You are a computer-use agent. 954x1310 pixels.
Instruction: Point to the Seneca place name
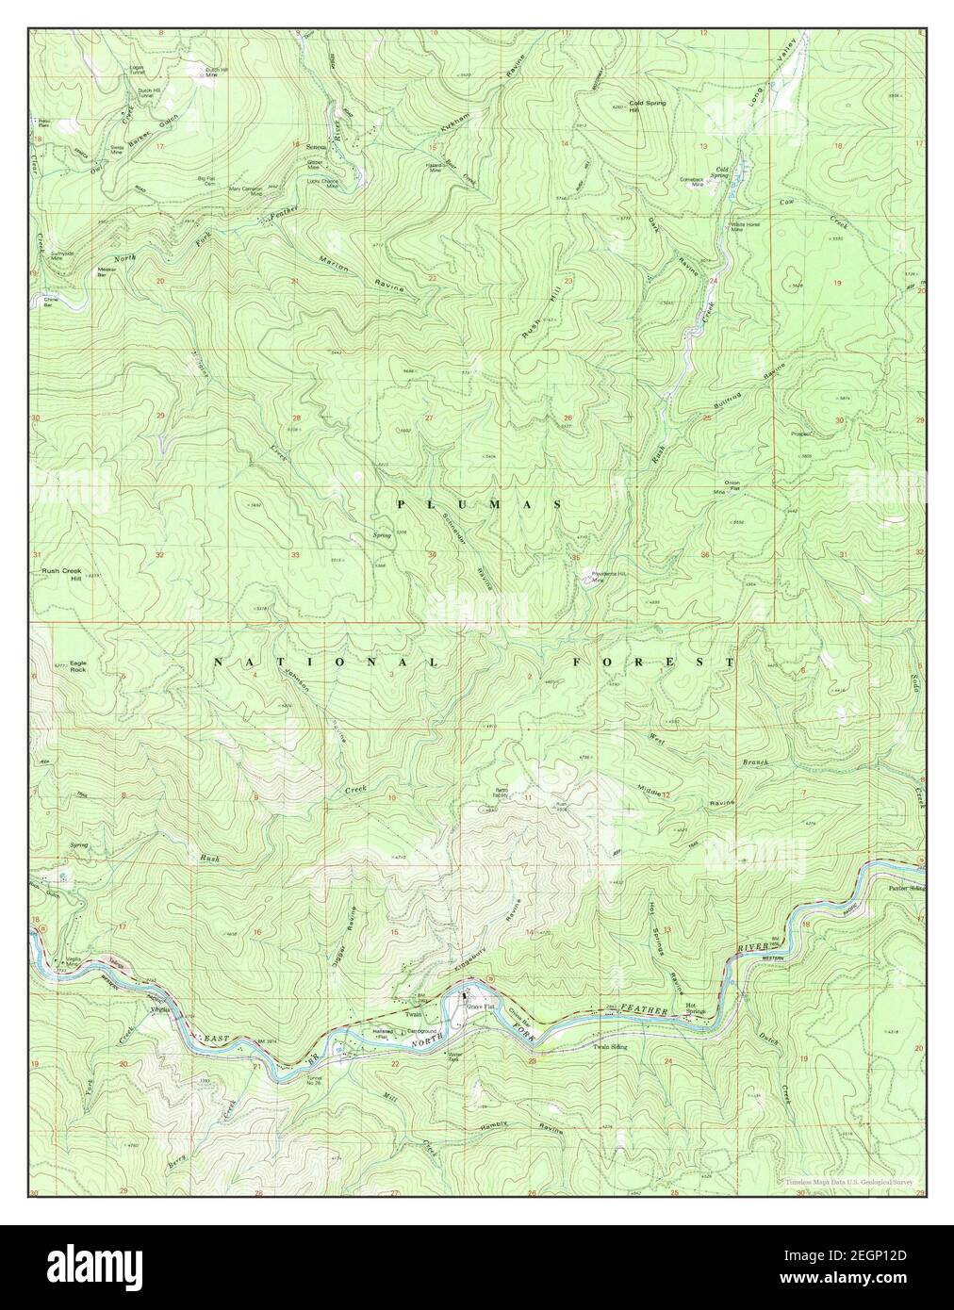pyautogui.click(x=316, y=147)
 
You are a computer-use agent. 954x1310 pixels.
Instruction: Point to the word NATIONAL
pyautogui.click(x=325, y=663)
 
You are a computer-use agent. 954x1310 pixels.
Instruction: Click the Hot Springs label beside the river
pyautogui.click(x=696, y=1008)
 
